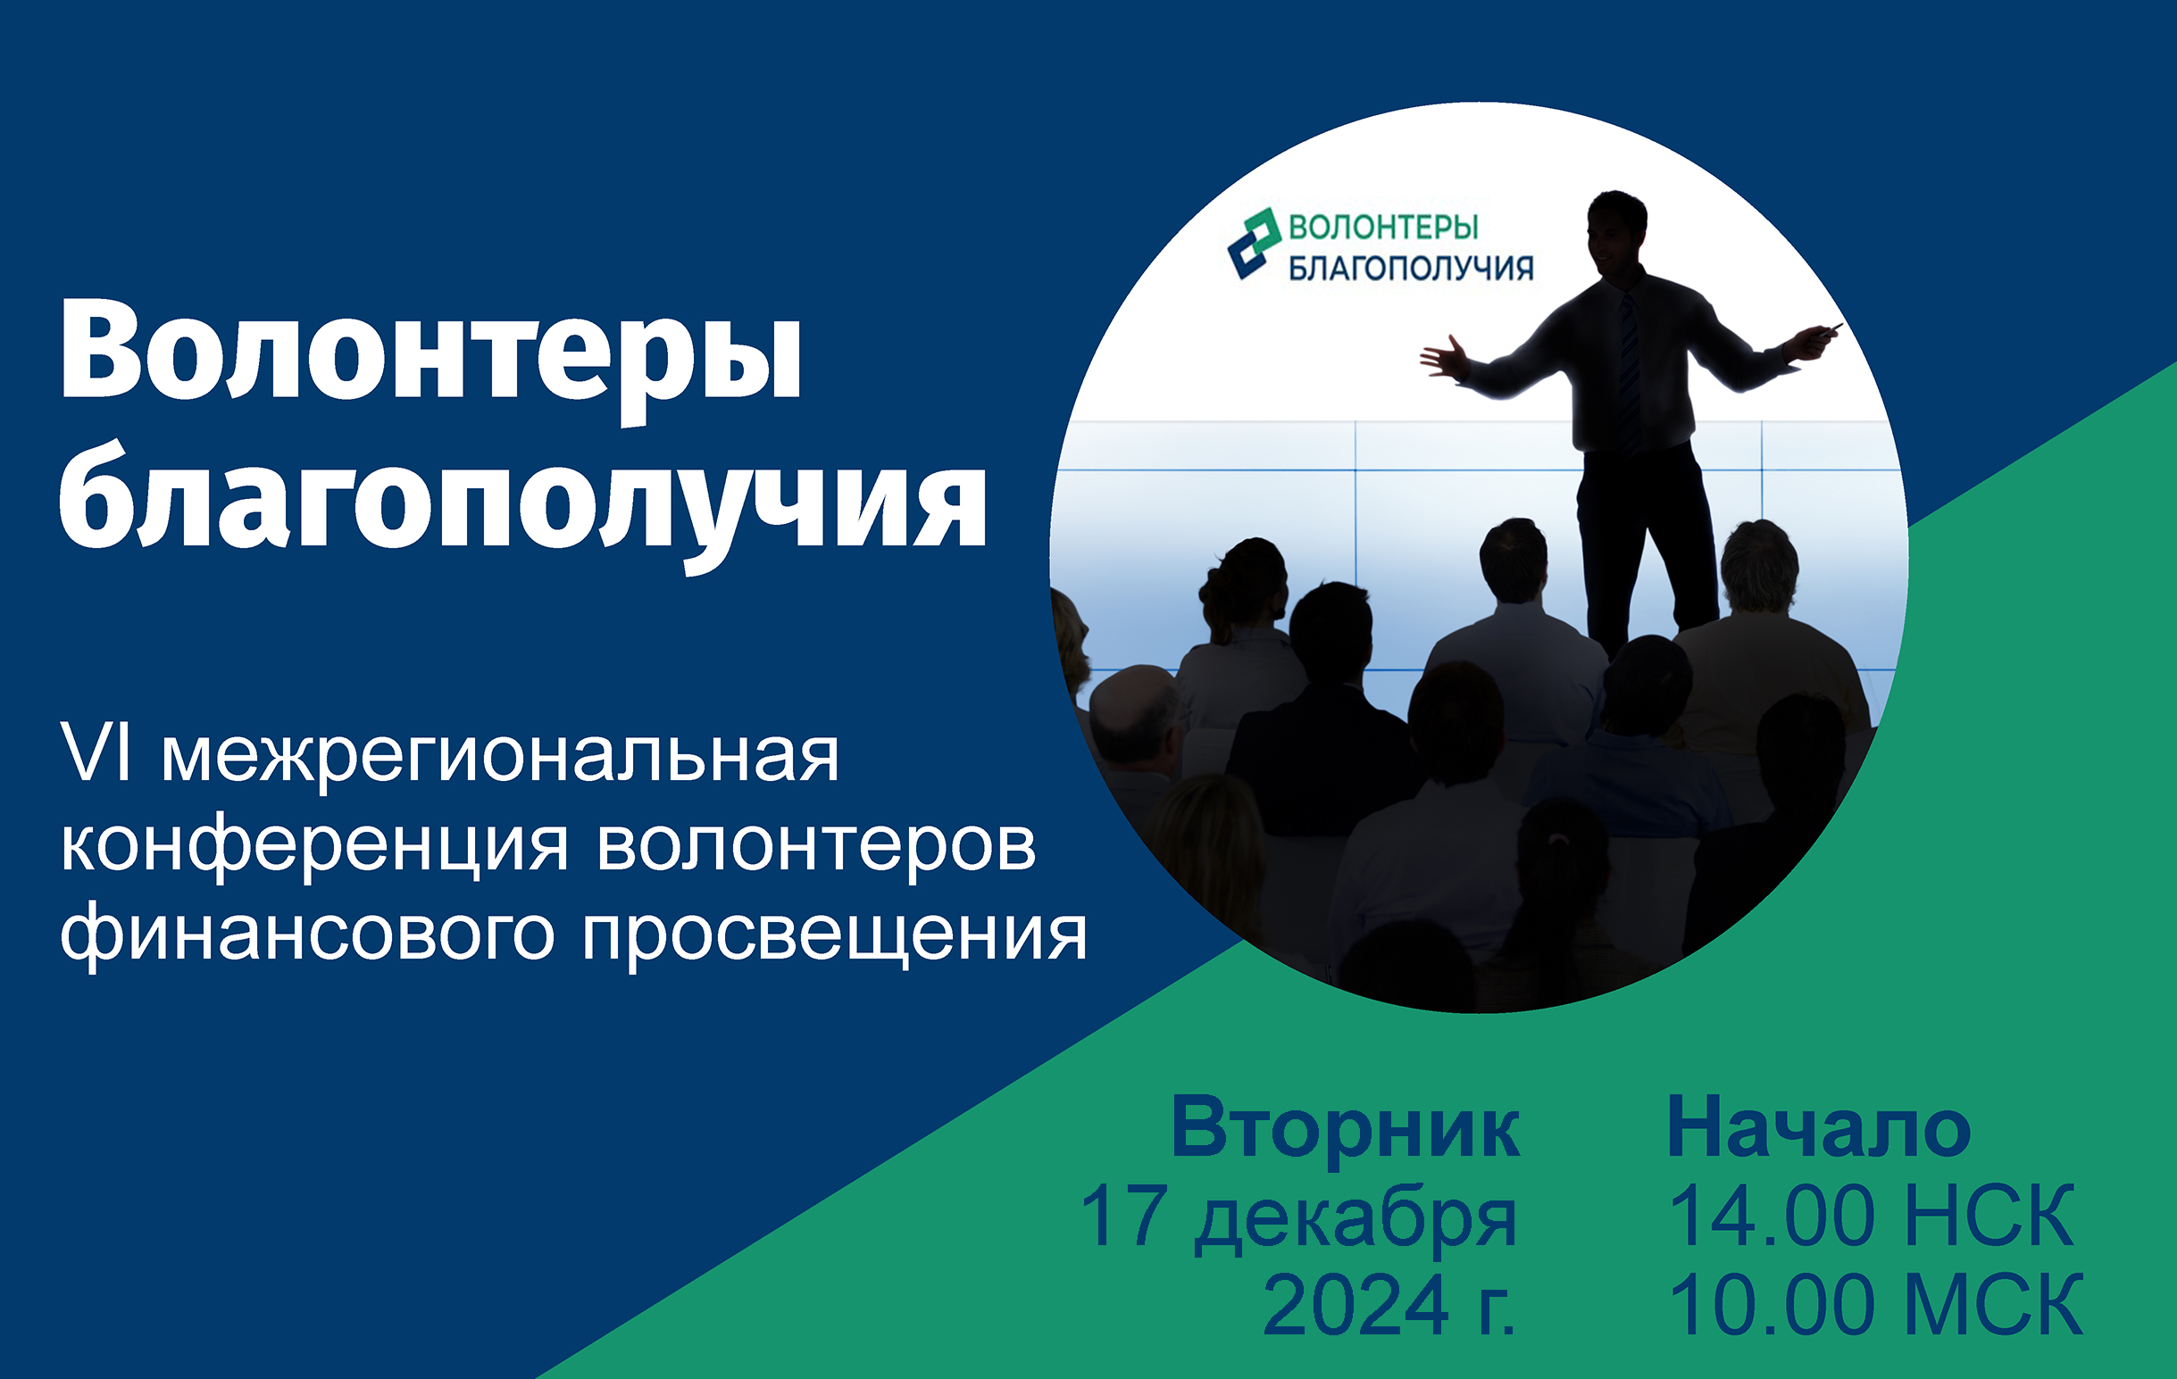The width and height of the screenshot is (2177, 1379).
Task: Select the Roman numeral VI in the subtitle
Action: coord(96,752)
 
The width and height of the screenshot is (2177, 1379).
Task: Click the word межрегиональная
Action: coord(500,757)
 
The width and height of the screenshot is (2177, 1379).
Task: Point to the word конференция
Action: coord(314,848)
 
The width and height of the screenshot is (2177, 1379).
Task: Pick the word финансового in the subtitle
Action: coord(306,936)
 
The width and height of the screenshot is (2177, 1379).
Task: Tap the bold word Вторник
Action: coord(1346,1127)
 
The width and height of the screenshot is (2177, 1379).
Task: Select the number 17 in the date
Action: coord(1121,1216)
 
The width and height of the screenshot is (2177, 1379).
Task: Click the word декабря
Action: coord(1356,1220)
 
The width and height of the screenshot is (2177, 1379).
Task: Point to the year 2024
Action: coord(1355,1306)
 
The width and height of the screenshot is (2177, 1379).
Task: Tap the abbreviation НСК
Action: coord(1989,1216)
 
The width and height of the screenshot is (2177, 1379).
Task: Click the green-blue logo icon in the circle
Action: coord(1254,243)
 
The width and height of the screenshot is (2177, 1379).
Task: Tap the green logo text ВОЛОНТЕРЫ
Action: coord(1383,227)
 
